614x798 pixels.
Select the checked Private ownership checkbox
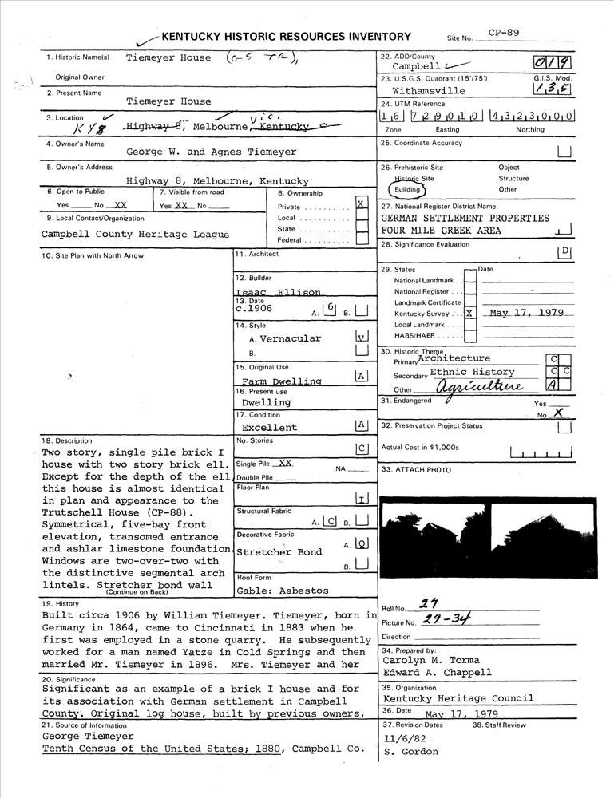(362, 203)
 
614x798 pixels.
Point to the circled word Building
(407, 190)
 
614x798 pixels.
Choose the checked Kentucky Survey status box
(469, 314)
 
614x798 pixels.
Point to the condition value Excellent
(269, 427)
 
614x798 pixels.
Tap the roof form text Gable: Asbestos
(282, 591)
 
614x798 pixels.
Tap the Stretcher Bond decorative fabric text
(279, 552)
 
